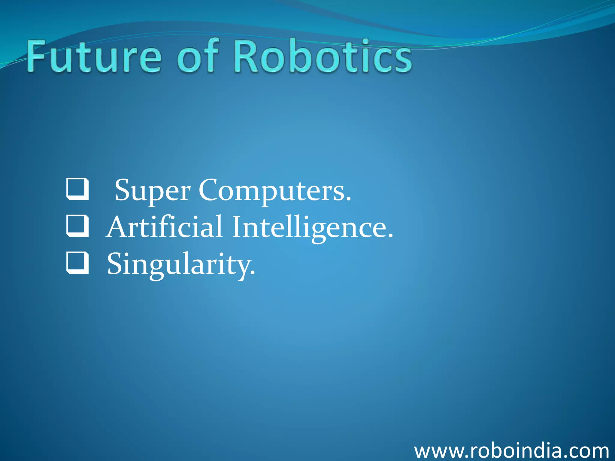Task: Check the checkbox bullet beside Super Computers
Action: [77, 189]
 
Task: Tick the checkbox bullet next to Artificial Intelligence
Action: [77, 226]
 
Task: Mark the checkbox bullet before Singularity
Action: [77, 263]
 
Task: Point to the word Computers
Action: [272, 191]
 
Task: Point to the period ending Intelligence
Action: [390, 236]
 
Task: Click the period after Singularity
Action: [253, 273]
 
